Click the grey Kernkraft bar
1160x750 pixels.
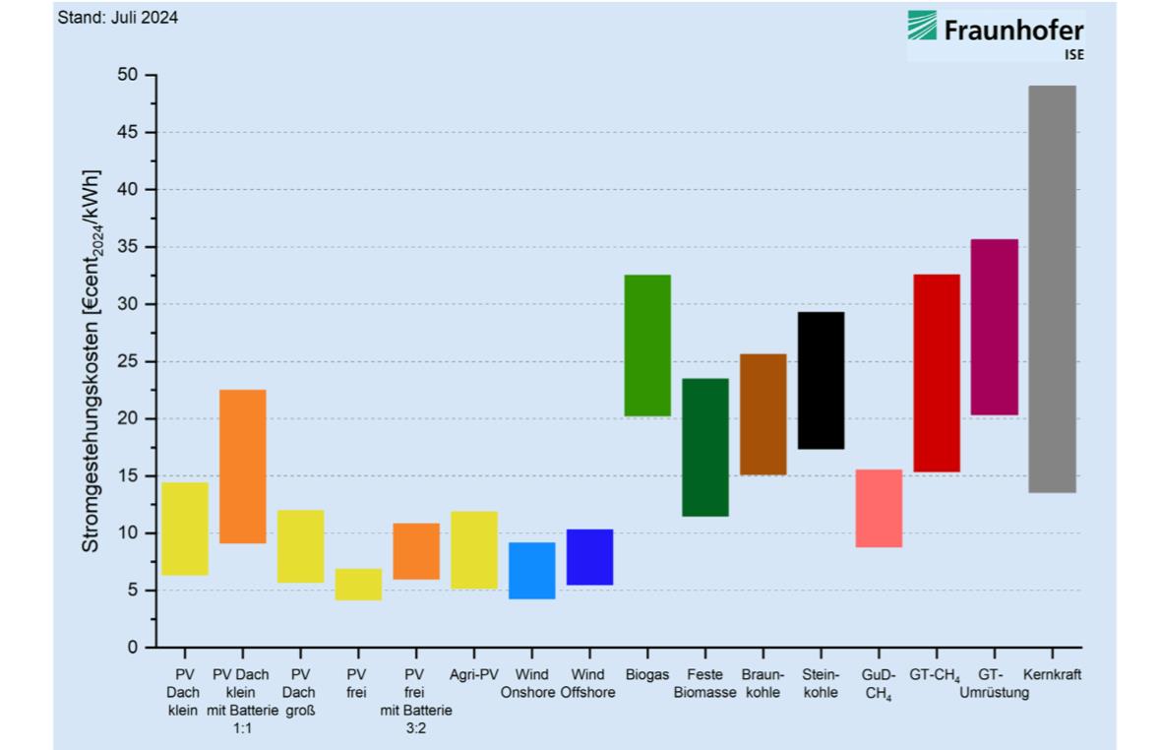pos(1052,288)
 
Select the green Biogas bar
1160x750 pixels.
pos(647,345)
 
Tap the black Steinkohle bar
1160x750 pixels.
pos(821,380)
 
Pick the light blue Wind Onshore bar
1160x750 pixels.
pos(531,571)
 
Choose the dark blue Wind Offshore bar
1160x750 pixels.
pos(589,557)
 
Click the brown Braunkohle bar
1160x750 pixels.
pos(763,414)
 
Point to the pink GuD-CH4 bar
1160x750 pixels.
pos(879,508)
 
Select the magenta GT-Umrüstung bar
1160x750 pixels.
pos(994,327)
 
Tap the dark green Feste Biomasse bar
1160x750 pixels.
pos(705,447)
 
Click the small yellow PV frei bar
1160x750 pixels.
pos(358,585)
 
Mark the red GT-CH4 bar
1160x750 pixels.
pos(937,373)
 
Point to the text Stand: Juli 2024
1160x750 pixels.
pos(119,18)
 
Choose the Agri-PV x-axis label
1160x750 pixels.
pos(474,675)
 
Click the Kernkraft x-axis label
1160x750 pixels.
pos(1052,675)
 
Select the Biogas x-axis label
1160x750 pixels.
pos(647,675)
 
